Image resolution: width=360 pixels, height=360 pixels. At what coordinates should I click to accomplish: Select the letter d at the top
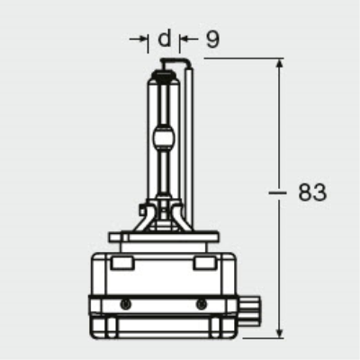(x=163, y=39)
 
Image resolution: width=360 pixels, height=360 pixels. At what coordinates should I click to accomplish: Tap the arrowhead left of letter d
(x=145, y=39)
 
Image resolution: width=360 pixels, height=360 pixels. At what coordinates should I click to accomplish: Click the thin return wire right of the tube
(x=190, y=135)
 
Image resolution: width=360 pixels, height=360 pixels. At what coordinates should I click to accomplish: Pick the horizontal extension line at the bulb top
(x=234, y=58)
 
